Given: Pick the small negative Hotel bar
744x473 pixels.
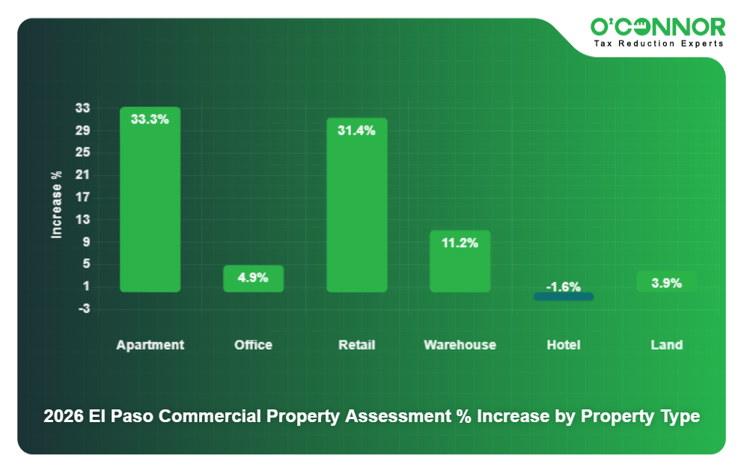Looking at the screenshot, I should click(564, 297).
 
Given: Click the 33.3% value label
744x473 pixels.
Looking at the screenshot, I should click(150, 119).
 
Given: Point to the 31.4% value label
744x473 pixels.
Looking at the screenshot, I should click(356, 130).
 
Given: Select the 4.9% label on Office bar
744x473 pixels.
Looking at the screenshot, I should click(253, 278).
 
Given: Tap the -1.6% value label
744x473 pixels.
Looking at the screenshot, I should click(563, 287).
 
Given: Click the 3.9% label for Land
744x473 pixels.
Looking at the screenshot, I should click(666, 283).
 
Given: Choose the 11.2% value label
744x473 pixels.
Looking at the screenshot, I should click(460, 242).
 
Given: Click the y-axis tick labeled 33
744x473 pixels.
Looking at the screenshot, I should click(82, 109).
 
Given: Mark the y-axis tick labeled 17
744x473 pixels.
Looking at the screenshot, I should click(82, 198).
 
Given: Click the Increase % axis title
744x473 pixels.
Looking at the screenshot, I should click(56, 204).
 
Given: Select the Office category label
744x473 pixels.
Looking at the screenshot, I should click(253, 345).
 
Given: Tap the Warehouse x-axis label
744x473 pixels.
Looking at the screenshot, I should click(460, 345).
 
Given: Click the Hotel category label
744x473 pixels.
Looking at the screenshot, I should click(563, 345).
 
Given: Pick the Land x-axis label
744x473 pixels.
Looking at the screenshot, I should click(666, 345).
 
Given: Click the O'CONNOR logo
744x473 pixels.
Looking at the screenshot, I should click(658, 27).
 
